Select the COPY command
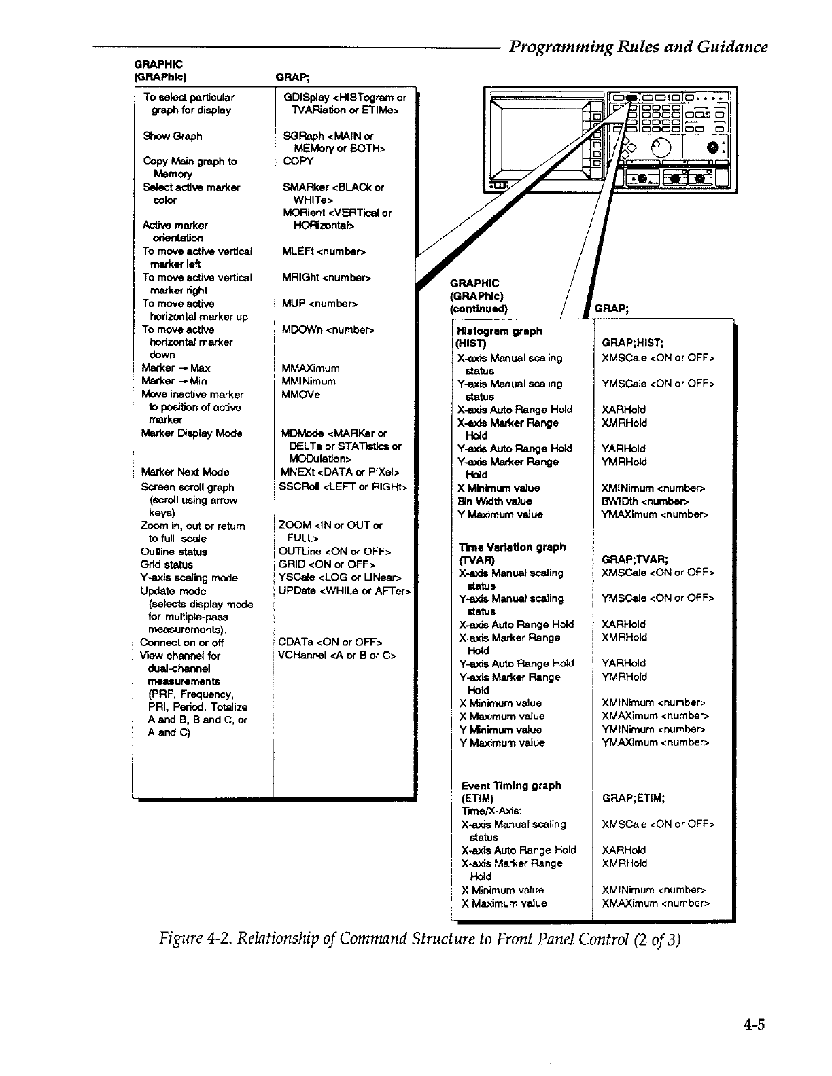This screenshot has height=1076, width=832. tap(298, 161)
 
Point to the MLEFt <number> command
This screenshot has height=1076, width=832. tap(324, 251)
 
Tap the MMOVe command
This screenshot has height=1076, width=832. tap(300, 394)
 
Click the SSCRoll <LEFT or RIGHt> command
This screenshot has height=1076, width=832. tap(343, 486)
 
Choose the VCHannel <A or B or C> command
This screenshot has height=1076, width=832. tap(337, 656)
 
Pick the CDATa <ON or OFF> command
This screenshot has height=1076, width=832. tap(330, 642)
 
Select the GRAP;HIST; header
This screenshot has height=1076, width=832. tap(632, 344)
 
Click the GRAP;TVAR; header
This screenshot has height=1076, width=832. tap(634, 560)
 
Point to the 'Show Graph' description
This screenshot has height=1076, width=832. tap(173, 136)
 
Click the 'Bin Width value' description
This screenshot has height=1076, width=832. tap(495, 501)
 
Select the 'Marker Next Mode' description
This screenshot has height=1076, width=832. tap(185, 472)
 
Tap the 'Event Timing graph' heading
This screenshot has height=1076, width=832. tap(511, 786)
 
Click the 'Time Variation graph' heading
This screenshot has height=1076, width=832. tap(512, 547)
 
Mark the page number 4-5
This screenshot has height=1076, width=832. tap(753, 1025)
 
